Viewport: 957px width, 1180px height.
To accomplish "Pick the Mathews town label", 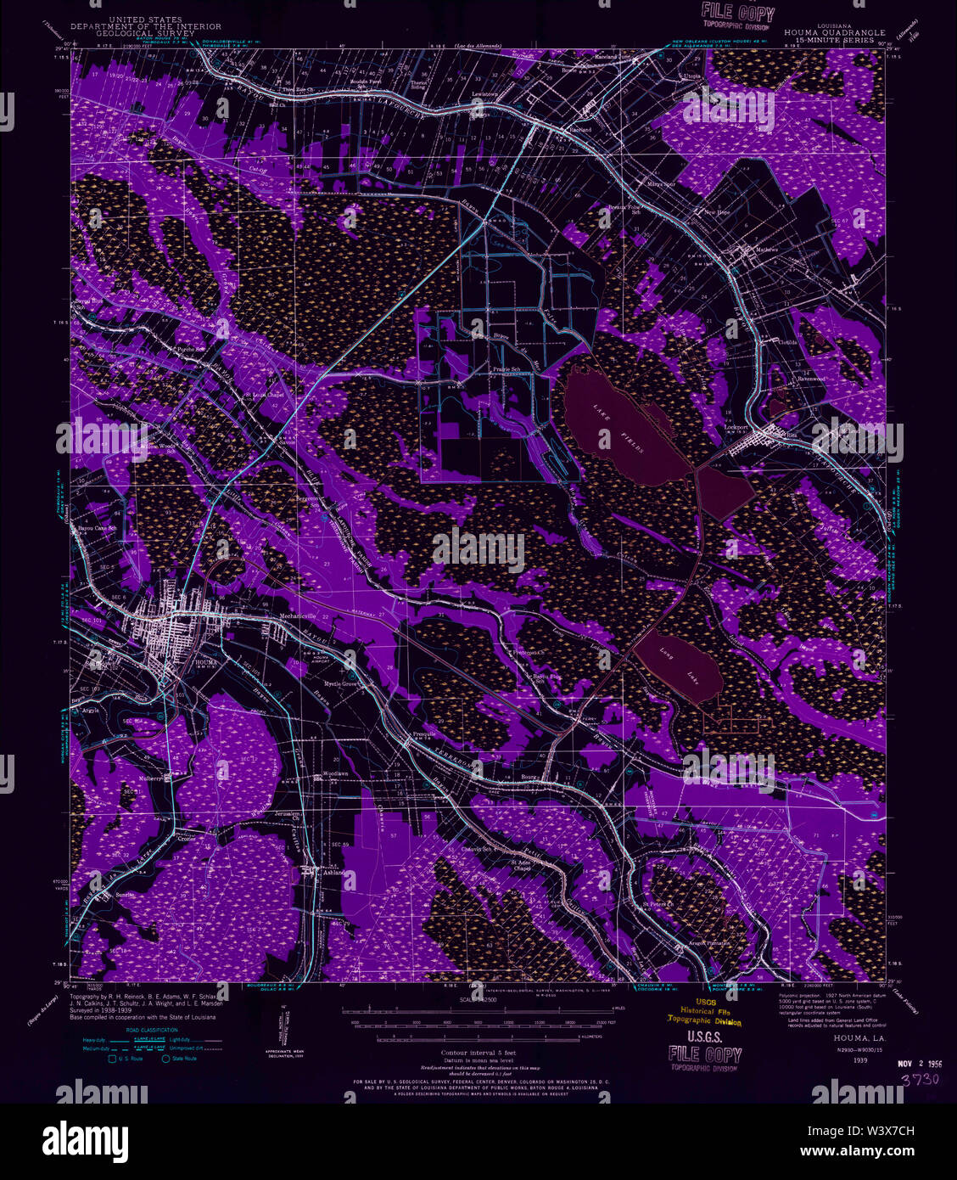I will (765, 250).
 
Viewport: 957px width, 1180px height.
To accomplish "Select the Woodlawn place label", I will (335, 776).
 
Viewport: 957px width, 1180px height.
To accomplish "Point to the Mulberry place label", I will (152, 777).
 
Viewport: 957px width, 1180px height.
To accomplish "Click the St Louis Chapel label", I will (263, 395).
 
